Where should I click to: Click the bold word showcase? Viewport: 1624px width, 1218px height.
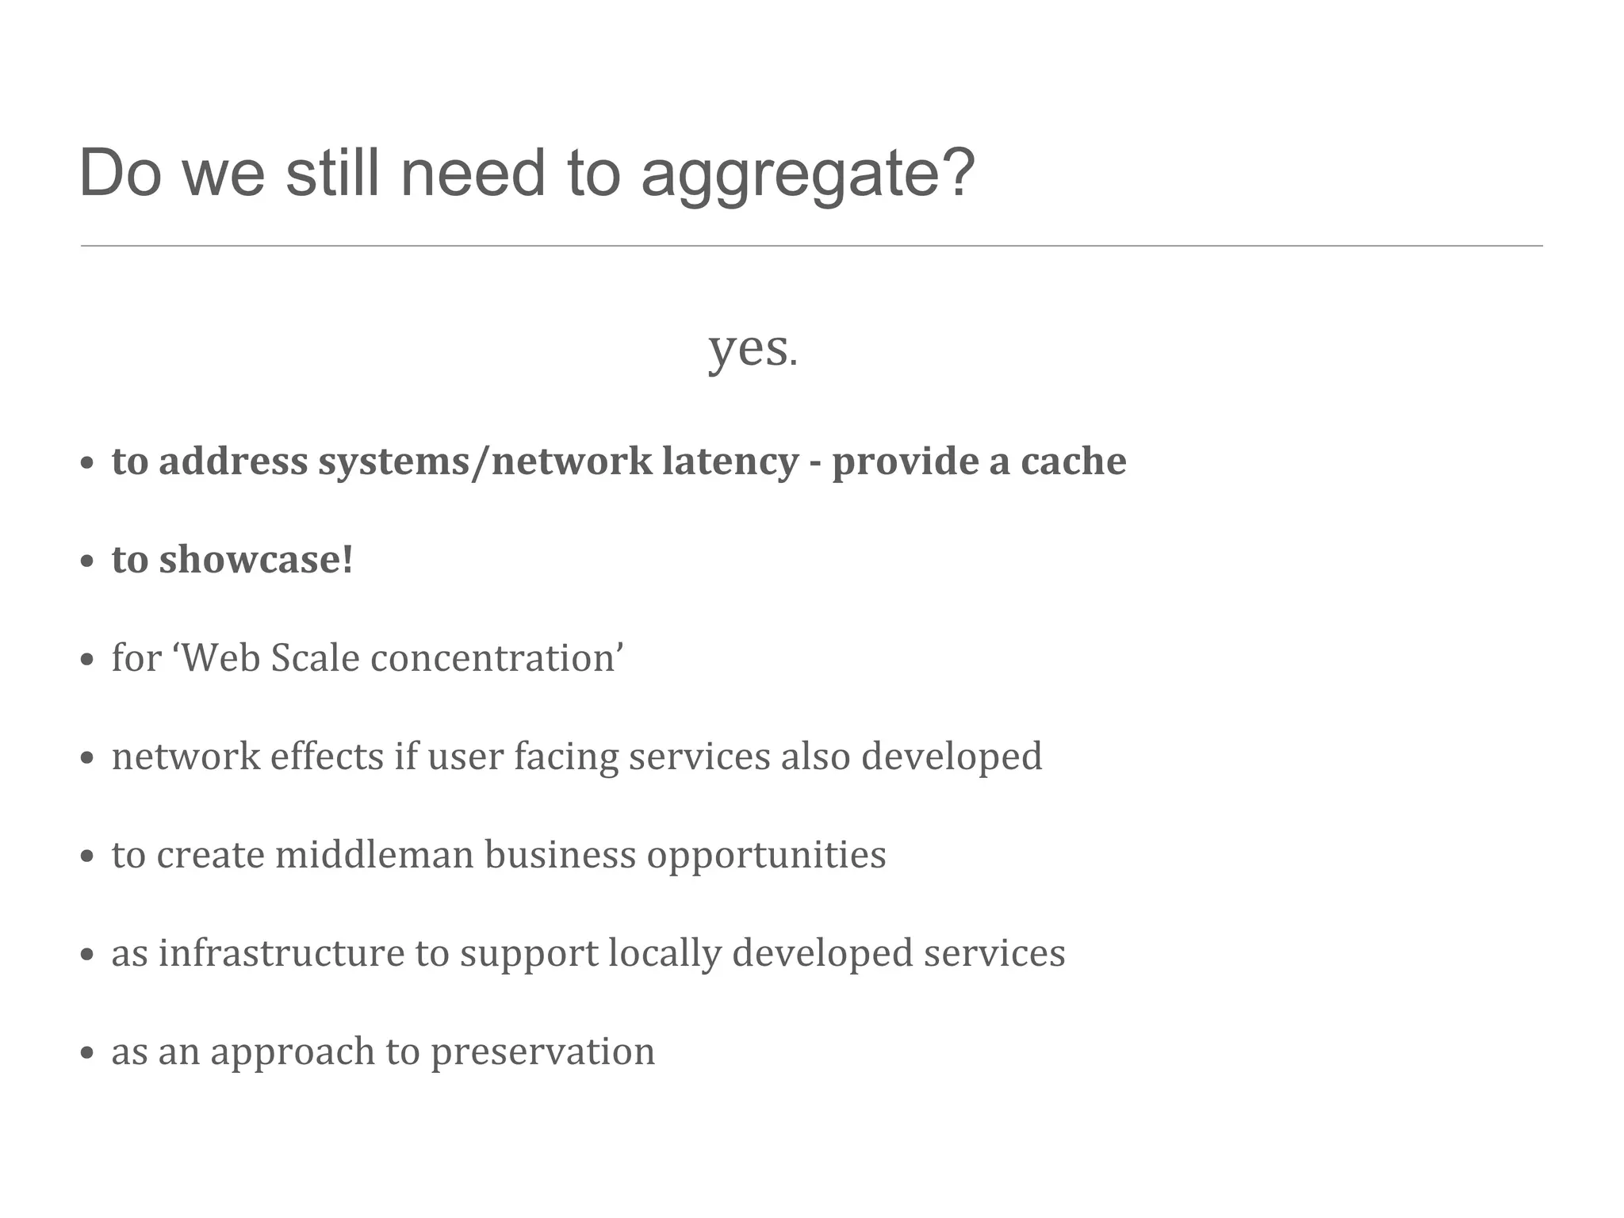point(255,560)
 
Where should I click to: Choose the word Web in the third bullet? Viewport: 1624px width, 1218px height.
point(221,658)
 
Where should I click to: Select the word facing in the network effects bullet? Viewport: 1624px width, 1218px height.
point(565,756)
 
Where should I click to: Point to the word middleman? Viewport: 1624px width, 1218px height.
point(374,855)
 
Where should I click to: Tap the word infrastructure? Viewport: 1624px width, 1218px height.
point(282,953)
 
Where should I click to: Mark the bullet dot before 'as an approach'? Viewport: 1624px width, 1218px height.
point(88,1054)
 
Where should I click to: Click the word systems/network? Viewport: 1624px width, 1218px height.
point(479,462)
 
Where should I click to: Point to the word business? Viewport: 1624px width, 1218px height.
point(560,855)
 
